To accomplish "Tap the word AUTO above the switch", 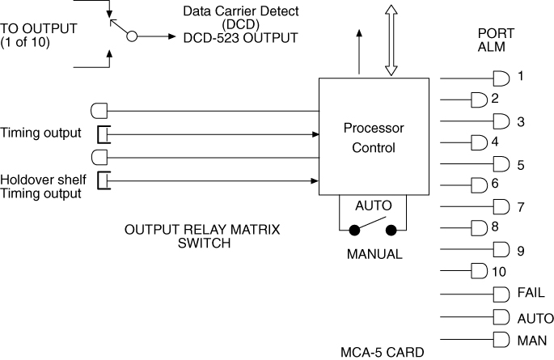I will tap(373, 206).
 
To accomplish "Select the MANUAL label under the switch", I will tap(374, 254).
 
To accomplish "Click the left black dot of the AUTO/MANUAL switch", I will tap(353, 231).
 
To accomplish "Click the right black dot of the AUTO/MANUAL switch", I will tap(391, 231).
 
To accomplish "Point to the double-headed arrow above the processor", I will tap(391, 38).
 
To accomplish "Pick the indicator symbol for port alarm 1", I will tap(501, 78).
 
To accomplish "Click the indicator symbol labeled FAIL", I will tap(501, 294).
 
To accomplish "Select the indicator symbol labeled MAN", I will tap(501, 340).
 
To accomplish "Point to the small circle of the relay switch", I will tap(132, 36).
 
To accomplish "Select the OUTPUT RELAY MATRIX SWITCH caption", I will tap(201, 236).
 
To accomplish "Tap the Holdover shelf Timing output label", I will tap(40, 186).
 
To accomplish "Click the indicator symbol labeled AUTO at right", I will tap(501, 317).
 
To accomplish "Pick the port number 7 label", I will tap(521, 207).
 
